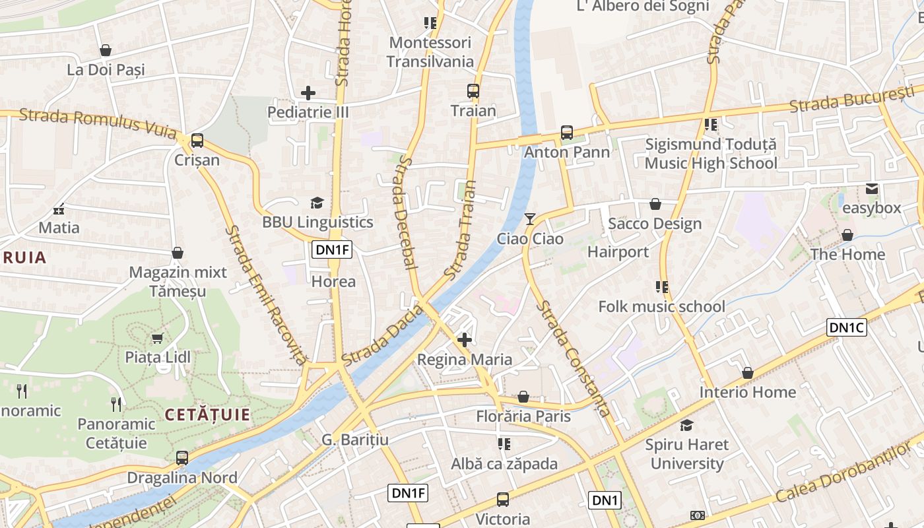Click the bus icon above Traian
pos(473,91)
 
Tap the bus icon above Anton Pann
pos(567,133)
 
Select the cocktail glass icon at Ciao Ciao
pos(530,218)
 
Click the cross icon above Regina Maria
pos(465,340)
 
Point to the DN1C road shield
pos(846,327)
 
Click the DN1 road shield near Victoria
pos(605,500)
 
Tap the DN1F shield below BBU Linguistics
pos(332,249)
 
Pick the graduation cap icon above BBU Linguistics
pos(317,203)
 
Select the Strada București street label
pos(856,100)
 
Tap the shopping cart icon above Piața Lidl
pos(157,339)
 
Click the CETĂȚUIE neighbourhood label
pos(207,415)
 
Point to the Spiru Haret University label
pos(687,454)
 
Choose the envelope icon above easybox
pos(872,189)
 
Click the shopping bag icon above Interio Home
pos(747,373)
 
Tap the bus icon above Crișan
pos(197,141)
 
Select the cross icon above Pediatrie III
pos(308,93)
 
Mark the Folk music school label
pos(661,306)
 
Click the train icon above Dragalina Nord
pos(181,457)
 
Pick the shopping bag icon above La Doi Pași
pos(106,50)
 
